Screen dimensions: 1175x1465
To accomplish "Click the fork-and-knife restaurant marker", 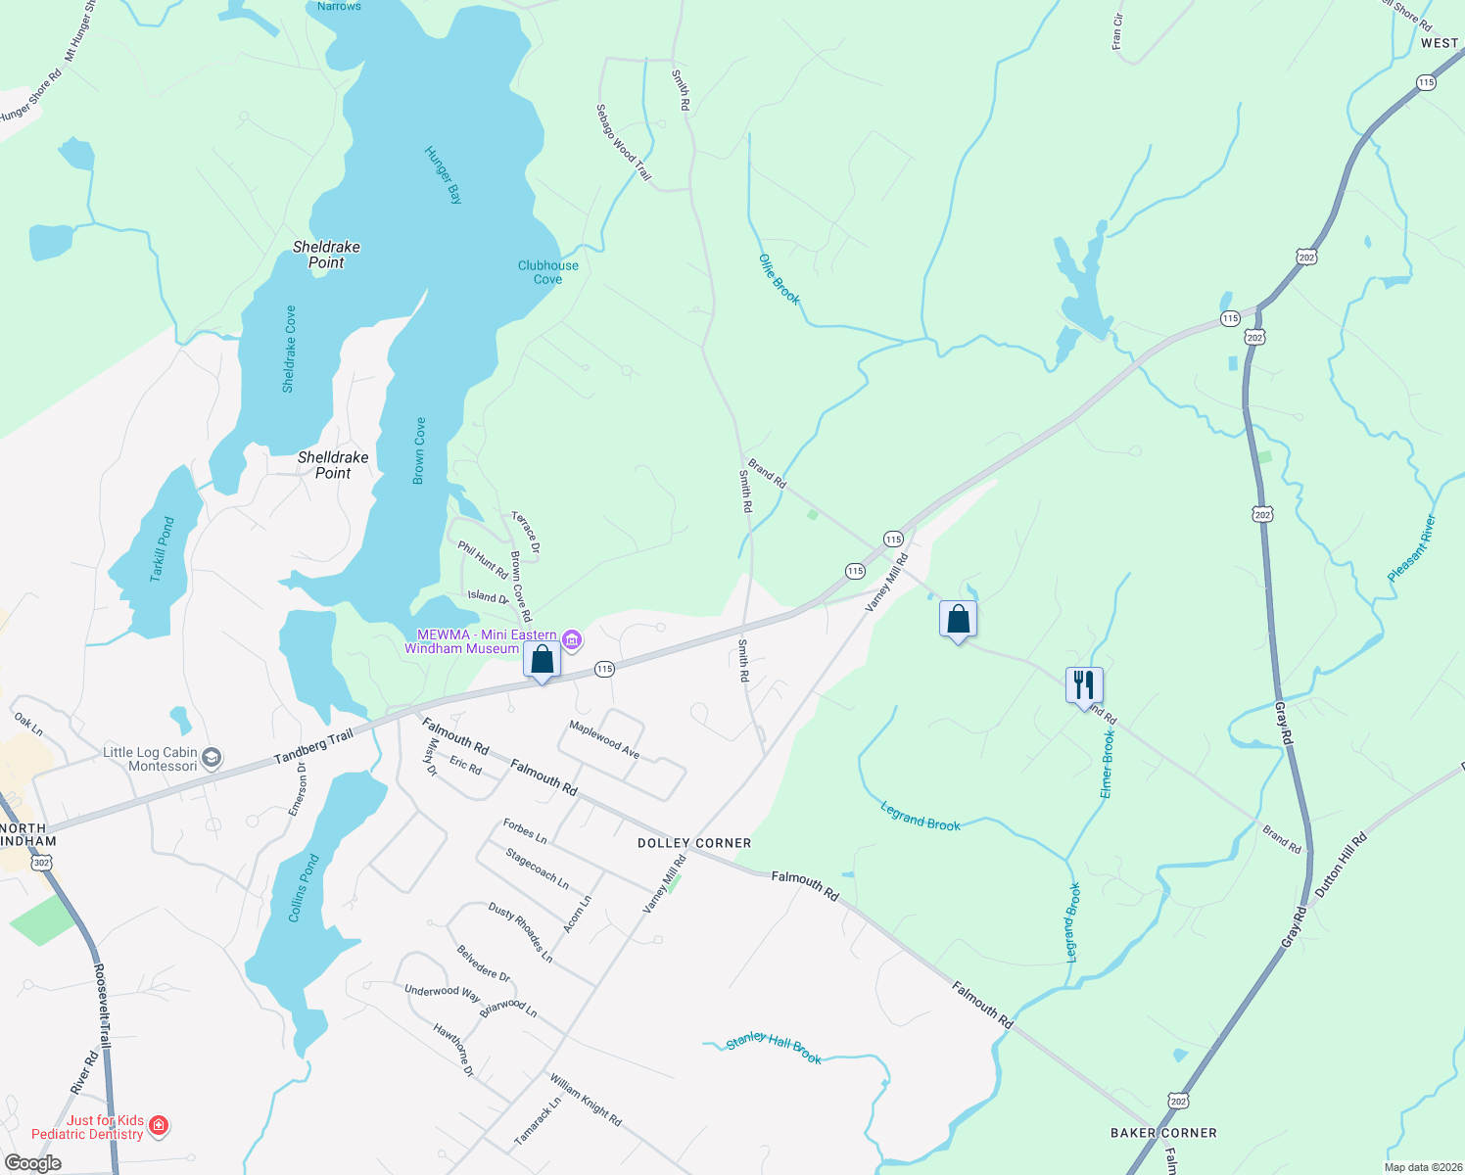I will [1084, 684].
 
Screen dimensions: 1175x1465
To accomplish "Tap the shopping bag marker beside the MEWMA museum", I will [542, 660].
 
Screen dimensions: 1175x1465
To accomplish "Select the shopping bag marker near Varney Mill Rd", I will [958, 619].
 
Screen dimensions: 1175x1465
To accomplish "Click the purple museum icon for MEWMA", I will [573, 641].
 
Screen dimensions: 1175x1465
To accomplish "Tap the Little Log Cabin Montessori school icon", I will [212, 759].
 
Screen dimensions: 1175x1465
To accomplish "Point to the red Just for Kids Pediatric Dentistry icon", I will [159, 1127].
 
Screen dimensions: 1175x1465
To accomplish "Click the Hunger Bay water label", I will [443, 174].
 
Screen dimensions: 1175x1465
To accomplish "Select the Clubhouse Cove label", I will [547, 272].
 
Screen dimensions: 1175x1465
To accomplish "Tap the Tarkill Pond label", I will [163, 549].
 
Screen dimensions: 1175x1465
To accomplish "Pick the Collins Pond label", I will [305, 888].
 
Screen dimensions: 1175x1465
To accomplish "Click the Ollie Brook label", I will [780, 279].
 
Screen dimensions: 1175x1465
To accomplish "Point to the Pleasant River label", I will [1412, 548].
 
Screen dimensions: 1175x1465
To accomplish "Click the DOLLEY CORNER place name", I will [694, 843].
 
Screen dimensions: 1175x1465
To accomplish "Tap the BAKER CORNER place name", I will [1163, 1133].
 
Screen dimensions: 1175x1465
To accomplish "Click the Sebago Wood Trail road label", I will [624, 142].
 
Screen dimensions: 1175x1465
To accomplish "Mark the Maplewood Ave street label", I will [604, 740].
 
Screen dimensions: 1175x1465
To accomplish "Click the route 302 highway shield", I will [41, 863].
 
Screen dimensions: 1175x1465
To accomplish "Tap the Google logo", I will [33, 1163].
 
